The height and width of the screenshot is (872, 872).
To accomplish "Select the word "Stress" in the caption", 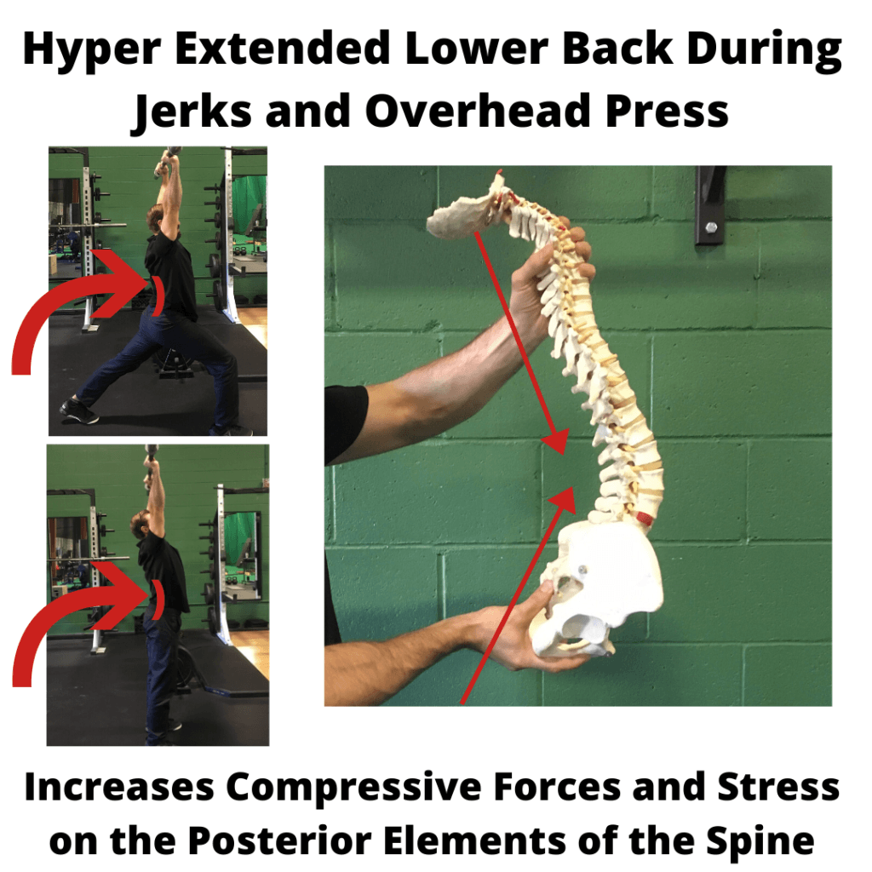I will [778, 787].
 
